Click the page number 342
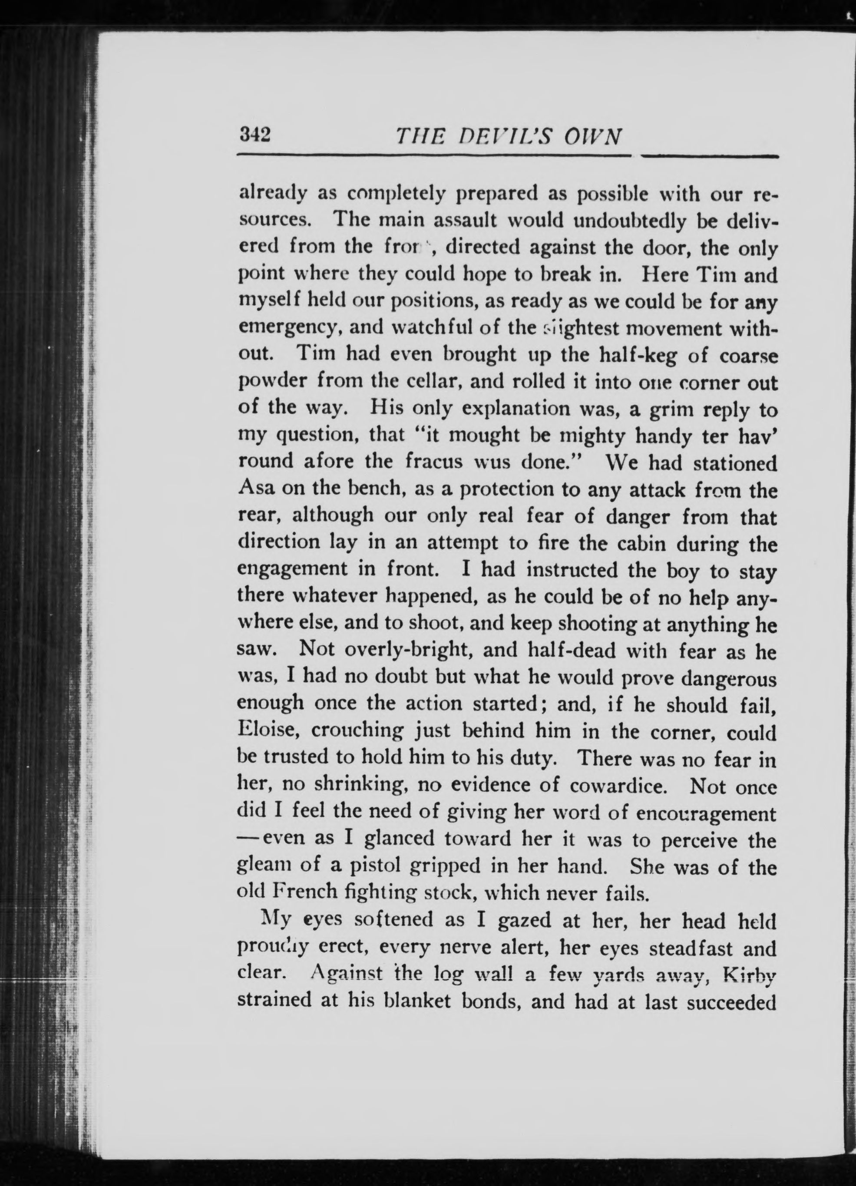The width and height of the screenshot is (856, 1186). click(254, 136)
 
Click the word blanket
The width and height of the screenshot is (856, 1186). click(418, 1001)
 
